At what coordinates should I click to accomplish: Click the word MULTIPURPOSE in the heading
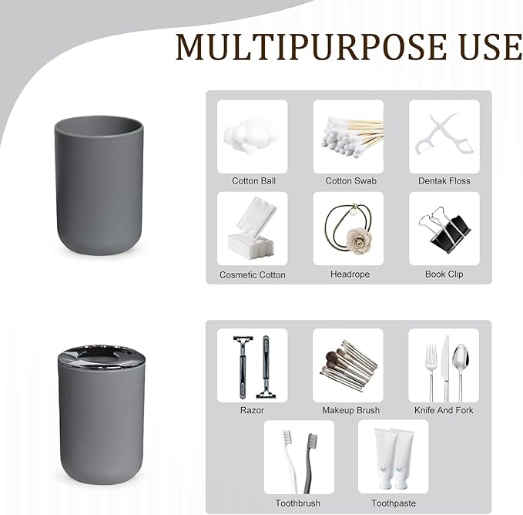[311, 47]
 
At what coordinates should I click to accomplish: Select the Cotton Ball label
[253, 181]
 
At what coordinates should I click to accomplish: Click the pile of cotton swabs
[351, 136]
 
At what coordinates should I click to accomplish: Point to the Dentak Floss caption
[444, 181]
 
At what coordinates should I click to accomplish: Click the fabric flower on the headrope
[359, 238]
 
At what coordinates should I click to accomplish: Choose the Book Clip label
[444, 274]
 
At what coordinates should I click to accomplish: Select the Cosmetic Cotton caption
[253, 274]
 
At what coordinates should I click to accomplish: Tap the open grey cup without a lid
[99, 184]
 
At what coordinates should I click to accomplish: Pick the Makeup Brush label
[351, 410]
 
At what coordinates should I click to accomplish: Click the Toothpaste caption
[394, 503]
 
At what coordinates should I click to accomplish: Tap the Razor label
[252, 410]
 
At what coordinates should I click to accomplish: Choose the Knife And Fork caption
[444, 410]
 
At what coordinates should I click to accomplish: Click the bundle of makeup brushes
[348, 365]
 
